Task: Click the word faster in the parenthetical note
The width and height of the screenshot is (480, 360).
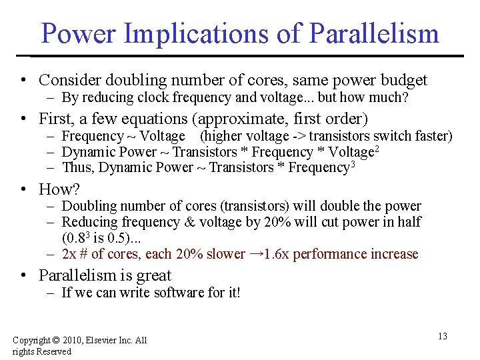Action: point(433,136)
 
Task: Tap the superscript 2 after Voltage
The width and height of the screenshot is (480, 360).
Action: point(377,148)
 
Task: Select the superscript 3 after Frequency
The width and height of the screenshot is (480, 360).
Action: point(353,164)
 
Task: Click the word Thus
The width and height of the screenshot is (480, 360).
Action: point(76,168)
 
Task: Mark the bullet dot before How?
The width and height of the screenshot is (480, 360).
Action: point(23,189)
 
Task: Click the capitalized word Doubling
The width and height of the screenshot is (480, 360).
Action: point(89,206)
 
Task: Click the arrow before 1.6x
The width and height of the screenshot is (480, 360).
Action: point(256,253)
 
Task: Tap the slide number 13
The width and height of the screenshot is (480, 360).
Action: point(442,336)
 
